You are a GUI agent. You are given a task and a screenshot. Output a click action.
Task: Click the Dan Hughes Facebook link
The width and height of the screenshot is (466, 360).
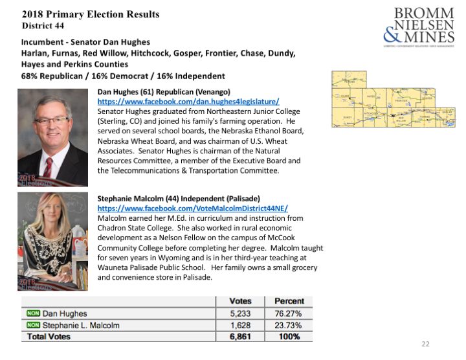click(x=188, y=102)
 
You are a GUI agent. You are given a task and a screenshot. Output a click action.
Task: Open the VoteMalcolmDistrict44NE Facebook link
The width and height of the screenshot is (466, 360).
click(x=192, y=208)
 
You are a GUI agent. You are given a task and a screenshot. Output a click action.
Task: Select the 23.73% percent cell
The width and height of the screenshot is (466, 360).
click(x=289, y=325)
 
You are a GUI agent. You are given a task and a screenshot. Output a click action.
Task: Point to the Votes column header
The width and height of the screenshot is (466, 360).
click(x=240, y=301)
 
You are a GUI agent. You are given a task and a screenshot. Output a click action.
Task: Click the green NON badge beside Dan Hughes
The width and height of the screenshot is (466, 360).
click(x=33, y=313)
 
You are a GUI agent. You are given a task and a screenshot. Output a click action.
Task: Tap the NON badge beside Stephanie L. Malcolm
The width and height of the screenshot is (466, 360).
click(x=33, y=325)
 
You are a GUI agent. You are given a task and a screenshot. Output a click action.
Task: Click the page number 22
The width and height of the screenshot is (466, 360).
click(x=425, y=344)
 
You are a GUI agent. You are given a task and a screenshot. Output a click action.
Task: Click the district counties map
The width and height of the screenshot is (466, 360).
click(x=395, y=104)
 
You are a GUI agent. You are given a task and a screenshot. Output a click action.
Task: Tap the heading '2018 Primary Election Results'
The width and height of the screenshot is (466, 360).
click(x=91, y=14)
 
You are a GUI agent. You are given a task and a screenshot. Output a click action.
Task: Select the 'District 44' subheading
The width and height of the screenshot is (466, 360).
click(x=43, y=26)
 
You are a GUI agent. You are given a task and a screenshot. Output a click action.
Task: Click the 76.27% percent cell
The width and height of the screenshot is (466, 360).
click(x=289, y=313)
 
